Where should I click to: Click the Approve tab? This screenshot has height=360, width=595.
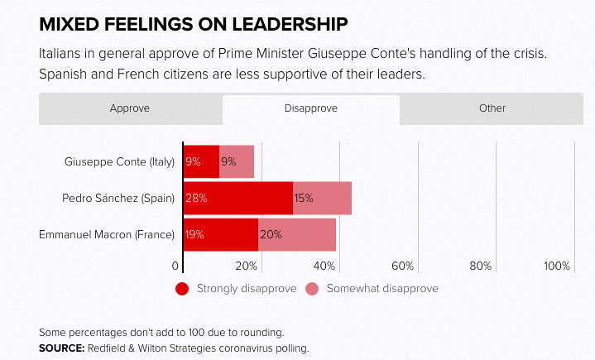[x=130, y=108]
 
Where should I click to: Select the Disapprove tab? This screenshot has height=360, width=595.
[x=310, y=108]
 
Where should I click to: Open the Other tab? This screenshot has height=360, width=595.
[x=492, y=108]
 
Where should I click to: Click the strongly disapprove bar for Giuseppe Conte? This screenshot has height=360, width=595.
[x=201, y=161]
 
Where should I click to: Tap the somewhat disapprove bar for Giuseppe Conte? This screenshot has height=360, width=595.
[x=237, y=161]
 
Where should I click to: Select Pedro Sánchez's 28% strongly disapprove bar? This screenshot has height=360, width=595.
[x=238, y=198]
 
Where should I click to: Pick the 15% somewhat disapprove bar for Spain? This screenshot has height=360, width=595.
[x=322, y=198]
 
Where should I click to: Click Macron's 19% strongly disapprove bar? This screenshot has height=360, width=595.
[x=220, y=234]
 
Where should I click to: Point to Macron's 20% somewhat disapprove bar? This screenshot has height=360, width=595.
[x=297, y=234]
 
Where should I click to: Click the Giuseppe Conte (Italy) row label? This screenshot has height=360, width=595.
[x=119, y=161]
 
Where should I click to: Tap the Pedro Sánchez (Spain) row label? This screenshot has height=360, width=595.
[x=118, y=198]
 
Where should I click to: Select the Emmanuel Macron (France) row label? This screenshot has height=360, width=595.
[x=107, y=234]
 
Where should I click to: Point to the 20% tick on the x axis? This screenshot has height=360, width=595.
[x=246, y=266]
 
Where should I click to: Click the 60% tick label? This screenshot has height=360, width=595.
[x=402, y=266]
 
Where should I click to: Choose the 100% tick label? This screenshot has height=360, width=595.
[x=557, y=266]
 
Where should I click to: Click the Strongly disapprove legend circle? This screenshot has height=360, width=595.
[x=183, y=289]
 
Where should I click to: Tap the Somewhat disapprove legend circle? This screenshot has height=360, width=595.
[x=312, y=289]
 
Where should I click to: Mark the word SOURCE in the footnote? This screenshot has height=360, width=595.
[x=60, y=348]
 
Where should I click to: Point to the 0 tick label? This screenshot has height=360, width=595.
[x=175, y=266]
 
